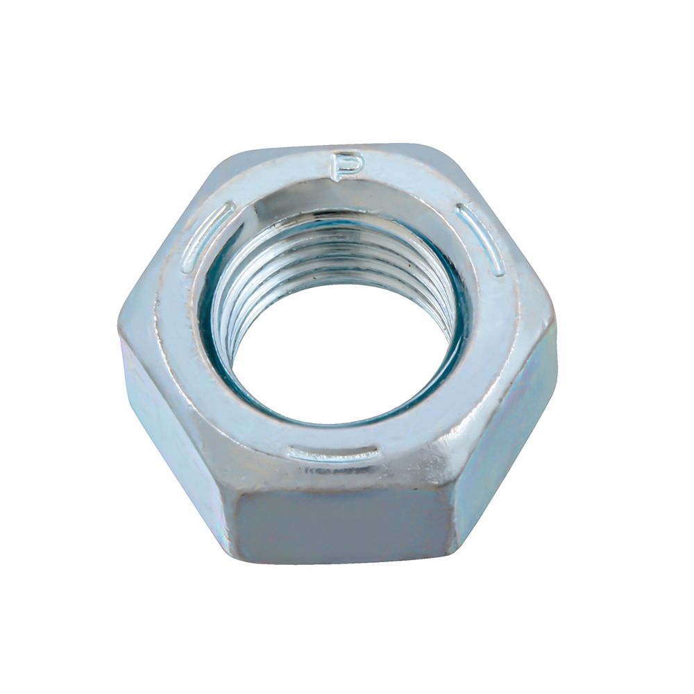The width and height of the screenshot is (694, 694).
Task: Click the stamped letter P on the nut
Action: coord(345,167)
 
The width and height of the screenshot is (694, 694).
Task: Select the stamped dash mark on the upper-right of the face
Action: coord(481,239)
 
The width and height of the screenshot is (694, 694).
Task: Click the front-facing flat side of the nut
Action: coord(340,527)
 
